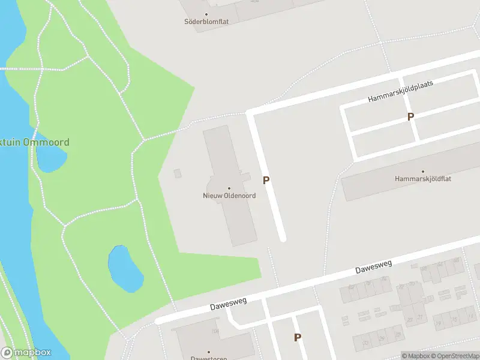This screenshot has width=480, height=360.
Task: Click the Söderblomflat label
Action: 206,22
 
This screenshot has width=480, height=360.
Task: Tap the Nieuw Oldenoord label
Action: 229,196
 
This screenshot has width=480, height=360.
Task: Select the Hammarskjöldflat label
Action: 422,179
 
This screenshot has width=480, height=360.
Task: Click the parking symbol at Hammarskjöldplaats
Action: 410,117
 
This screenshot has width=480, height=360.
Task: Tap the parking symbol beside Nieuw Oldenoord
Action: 266,180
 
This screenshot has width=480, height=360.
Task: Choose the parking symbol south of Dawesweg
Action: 297,338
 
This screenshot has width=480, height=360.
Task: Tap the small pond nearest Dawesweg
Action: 125,266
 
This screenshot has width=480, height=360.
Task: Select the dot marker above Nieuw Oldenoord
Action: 229,188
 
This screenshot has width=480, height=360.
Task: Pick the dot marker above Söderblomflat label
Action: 206,14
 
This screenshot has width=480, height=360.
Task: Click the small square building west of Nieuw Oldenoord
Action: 177,173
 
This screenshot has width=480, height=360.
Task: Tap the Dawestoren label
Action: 208,358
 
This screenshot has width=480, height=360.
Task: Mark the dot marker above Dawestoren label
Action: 208,352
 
